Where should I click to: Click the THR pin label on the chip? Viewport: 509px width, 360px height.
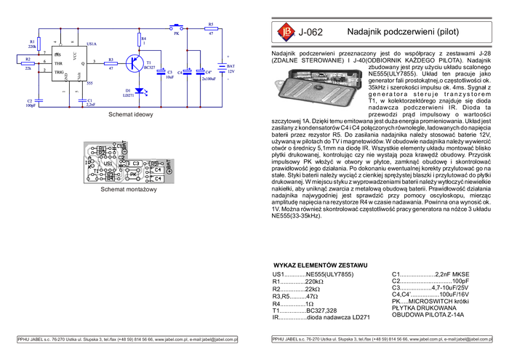point(58,64)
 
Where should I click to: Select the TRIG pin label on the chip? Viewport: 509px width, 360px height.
point(59,73)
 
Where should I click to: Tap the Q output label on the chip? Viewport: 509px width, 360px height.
point(83,64)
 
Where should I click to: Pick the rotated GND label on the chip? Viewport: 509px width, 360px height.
point(67,76)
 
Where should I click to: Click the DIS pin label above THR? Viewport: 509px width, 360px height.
point(57,55)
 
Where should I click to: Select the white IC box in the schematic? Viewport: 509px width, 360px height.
point(70,65)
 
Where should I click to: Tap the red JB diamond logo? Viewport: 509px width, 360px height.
point(284,32)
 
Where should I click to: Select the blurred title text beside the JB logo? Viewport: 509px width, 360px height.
point(313,32)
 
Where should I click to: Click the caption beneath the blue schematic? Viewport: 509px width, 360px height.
point(131,114)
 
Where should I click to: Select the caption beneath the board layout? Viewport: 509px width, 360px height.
point(129,191)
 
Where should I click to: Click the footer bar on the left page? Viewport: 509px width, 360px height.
point(127,339)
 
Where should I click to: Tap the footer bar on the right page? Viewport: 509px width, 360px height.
point(381,339)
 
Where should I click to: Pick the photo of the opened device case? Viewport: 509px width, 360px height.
point(318,89)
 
